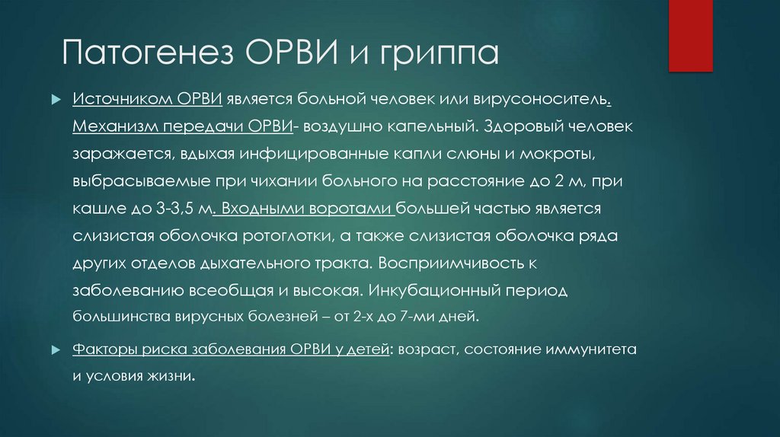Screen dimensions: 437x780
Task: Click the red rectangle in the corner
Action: pos(690,36)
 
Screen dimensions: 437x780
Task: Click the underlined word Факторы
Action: pos(105,351)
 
